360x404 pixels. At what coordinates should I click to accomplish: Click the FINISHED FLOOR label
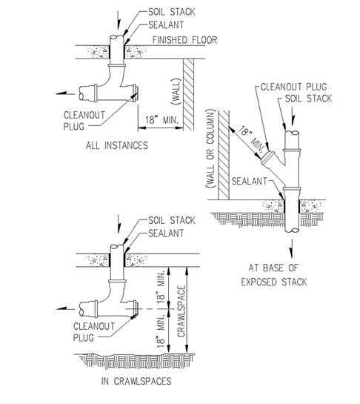tap(184, 40)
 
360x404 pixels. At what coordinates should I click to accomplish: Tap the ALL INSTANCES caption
tap(117, 145)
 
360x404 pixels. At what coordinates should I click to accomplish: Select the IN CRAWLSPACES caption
tap(136, 381)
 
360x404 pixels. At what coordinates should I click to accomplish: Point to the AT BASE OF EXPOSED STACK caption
tap(274, 275)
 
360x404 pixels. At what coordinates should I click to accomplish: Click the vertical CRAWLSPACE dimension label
tap(181, 311)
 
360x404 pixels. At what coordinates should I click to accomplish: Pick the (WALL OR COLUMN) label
tap(210, 149)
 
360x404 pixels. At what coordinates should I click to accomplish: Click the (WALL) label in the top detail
tap(176, 91)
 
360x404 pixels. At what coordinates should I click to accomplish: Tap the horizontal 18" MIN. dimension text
tap(161, 120)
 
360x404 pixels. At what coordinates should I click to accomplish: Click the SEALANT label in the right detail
tap(250, 181)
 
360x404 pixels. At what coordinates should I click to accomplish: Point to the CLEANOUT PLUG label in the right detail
tap(293, 87)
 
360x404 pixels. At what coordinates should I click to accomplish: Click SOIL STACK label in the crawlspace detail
tap(172, 220)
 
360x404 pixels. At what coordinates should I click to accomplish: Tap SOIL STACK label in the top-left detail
tap(172, 12)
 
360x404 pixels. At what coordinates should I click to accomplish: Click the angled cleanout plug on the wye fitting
tap(268, 158)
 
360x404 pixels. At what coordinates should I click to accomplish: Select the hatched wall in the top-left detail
tap(188, 94)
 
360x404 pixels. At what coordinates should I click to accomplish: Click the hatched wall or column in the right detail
tap(224, 155)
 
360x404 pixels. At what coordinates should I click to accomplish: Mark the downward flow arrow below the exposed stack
tap(291, 248)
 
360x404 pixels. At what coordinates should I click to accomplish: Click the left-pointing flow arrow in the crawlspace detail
tap(66, 308)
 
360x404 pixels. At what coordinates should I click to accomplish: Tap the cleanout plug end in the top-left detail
tap(136, 93)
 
